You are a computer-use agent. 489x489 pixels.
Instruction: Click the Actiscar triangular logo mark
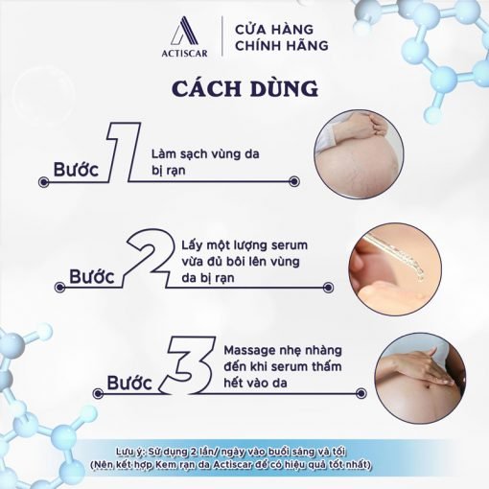[185, 31]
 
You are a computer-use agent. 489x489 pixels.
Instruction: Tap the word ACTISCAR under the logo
[184, 53]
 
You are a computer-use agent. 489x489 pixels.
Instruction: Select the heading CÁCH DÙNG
[245, 88]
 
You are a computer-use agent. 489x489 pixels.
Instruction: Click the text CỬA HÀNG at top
[274, 30]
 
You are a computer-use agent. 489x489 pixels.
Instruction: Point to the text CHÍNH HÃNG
[282, 45]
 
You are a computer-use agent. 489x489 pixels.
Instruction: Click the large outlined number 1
[123, 151]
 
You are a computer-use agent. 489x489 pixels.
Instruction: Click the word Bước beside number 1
[76, 170]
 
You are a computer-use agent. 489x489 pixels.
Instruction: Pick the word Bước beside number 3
[129, 383]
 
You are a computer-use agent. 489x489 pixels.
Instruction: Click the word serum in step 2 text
[290, 245]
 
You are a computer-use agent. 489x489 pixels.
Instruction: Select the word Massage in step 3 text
[246, 351]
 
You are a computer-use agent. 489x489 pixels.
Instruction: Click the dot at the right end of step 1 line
[293, 182]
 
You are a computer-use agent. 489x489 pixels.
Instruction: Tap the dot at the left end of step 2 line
[59, 288]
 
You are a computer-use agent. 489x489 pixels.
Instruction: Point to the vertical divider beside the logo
[222, 36]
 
